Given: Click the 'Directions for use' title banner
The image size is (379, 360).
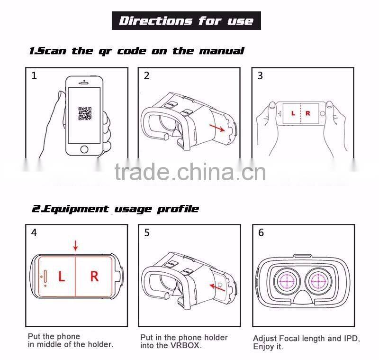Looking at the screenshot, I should point(186,21).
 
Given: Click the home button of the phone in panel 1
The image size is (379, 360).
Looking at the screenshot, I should point(84,149).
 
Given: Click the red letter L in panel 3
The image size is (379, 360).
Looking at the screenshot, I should point(293,113).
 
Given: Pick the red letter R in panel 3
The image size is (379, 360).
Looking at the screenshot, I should point(308,113).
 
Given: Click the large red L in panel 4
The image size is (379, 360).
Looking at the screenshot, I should point(61,277).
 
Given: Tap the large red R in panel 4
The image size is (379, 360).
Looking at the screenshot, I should point(94,277).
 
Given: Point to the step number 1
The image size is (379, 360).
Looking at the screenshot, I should point(34,76).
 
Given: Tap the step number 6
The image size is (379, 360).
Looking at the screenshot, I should point(261,233).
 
